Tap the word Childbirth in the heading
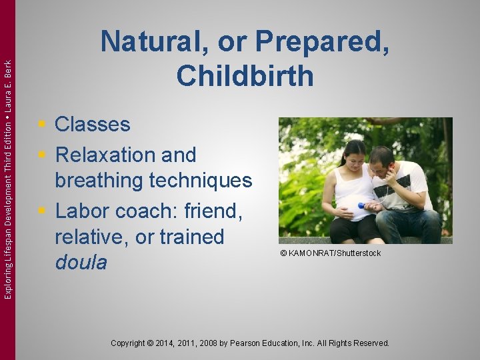pyautogui.click(x=245, y=75)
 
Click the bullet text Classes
pyautogui.click(x=92, y=124)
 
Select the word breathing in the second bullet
pyautogui.click(x=99, y=181)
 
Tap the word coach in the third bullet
pyautogui.click(x=141, y=211)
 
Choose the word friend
pyautogui.click(x=209, y=211)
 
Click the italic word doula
pyautogui.click(x=81, y=263)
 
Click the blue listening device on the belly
pyautogui.click(x=361, y=205)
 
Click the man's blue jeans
pyautogui.click(x=410, y=227)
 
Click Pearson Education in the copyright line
pyautogui.click(x=271, y=343)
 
